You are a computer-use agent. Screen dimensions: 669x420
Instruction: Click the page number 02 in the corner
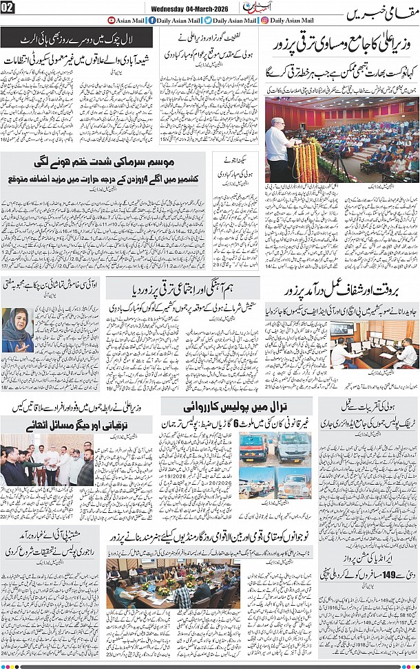8,8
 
